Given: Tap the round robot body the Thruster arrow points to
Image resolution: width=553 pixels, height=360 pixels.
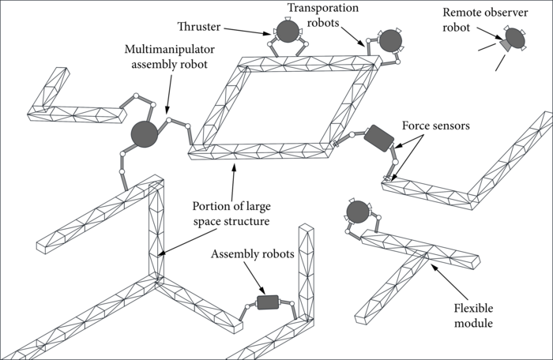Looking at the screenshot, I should pyautogui.click(x=285, y=32).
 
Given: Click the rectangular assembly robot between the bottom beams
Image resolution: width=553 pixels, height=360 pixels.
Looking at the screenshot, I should pyautogui.click(x=268, y=302).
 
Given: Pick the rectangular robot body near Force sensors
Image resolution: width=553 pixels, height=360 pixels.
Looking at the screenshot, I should pyautogui.click(x=378, y=138).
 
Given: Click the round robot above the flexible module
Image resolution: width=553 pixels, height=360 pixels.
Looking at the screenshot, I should pyautogui.click(x=358, y=212).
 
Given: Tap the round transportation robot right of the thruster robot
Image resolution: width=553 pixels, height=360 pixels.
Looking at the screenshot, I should pyautogui.click(x=391, y=41).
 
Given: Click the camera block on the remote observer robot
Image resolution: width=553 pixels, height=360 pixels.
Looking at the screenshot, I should pyautogui.click(x=503, y=48).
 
